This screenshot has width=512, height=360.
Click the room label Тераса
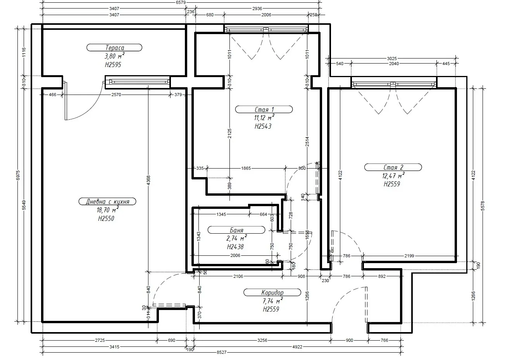coord(114,48)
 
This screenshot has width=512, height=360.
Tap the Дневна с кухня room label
coord(107,202)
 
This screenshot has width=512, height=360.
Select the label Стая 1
coord(264,110)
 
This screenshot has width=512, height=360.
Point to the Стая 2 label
coord(393,167)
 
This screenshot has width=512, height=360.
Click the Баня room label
coord(236,230)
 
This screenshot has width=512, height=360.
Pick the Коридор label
coord(272,293)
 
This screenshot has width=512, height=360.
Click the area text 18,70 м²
coord(107,210)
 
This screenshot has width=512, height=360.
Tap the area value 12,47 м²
coord(393,176)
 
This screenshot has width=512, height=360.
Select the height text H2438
coord(235,246)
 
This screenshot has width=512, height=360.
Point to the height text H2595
coord(113,65)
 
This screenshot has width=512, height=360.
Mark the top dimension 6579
coord(181,2)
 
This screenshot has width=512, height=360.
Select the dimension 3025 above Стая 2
coord(392,59)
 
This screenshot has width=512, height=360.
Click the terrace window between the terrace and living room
coord(138,82)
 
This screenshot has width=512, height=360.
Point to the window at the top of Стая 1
coord(266,29)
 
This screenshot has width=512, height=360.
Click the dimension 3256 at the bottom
coord(262,340)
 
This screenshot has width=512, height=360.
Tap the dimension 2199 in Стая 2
coord(409,256)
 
